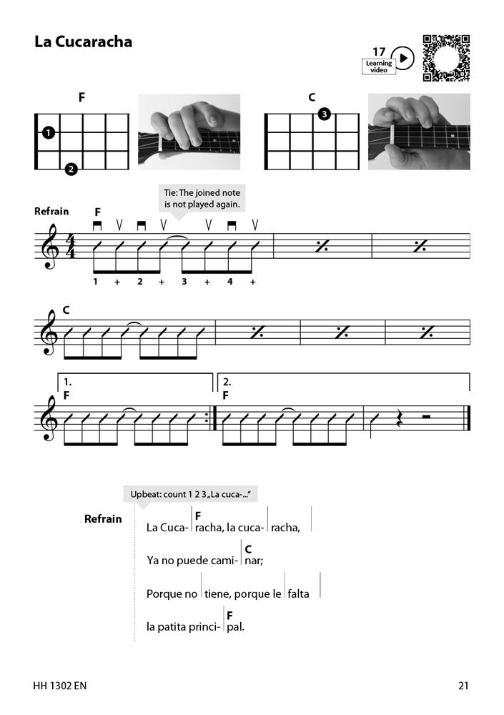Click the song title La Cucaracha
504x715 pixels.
tap(83, 41)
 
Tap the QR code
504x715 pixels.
tap(446, 58)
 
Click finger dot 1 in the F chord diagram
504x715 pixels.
tap(48, 132)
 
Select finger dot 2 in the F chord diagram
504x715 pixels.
tap(71, 169)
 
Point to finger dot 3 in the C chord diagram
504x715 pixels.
tap(324, 114)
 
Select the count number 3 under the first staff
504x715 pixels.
tap(184, 282)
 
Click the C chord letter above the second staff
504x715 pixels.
tap(66, 310)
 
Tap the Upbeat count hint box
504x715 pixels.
tap(192, 494)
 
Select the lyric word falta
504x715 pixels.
tap(299, 593)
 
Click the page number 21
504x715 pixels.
tap(463, 686)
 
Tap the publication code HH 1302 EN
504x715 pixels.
tap(60, 686)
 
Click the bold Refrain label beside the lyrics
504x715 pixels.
tap(103, 519)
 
